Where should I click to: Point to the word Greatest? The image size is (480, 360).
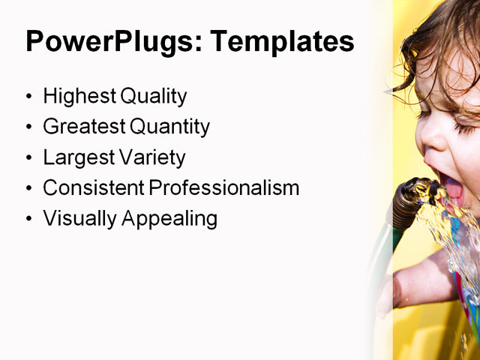pyautogui.click(x=81, y=127)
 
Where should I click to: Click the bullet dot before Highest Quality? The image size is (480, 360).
pyautogui.click(x=29, y=97)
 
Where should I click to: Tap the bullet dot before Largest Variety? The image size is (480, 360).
pyautogui.click(x=29, y=158)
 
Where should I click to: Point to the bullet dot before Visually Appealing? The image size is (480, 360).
pyautogui.click(x=29, y=219)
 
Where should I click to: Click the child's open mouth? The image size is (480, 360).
pyautogui.click(x=453, y=188)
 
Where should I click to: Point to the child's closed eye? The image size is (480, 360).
pyautogui.click(x=463, y=120)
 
